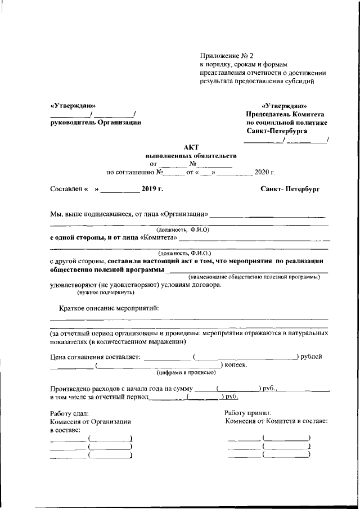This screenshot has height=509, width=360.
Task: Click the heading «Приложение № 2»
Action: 227,55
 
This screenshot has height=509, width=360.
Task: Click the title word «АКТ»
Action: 191,146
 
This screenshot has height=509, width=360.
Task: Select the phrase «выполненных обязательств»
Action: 191,155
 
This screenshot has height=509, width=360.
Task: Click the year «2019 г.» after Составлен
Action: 152,190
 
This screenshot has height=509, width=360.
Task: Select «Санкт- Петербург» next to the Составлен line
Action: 290,190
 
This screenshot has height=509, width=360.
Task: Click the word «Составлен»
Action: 66,190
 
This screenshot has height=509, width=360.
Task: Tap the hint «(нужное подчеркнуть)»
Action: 105,292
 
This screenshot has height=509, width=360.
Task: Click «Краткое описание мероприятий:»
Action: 109,308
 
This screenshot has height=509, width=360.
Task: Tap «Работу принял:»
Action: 247,413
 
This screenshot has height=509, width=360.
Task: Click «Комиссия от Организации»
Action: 90,421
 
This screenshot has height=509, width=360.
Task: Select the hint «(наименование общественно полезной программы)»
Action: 258,277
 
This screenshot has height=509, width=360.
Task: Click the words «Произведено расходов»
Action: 84,389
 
